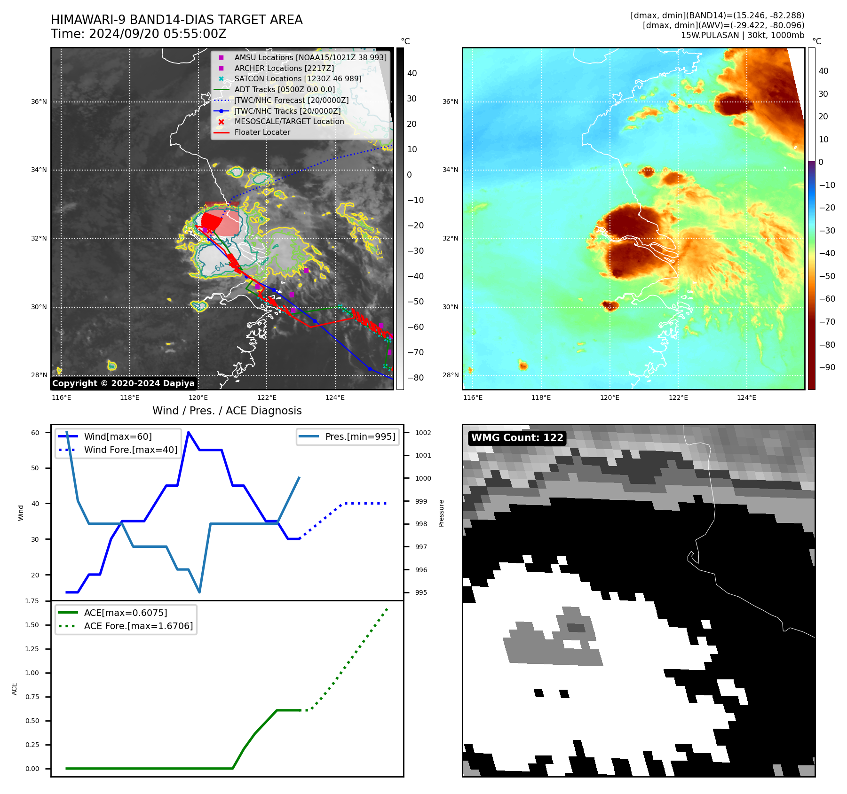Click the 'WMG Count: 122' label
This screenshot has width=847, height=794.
tap(517, 438)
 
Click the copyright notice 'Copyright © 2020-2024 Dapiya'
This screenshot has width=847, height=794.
tap(123, 383)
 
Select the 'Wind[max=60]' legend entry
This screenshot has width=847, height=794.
tap(118, 436)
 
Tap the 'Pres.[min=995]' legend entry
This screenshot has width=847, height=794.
tap(360, 436)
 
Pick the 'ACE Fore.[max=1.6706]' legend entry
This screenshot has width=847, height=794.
tap(138, 626)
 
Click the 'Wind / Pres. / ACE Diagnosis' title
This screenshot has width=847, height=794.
tap(227, 411)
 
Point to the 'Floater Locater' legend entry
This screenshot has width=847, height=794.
tap(262, 132)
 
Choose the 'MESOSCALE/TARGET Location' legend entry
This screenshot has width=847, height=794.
tap(289, 122)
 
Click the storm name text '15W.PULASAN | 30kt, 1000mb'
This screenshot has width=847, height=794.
tap(742, 35)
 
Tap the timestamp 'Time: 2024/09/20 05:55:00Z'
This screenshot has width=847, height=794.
tap(139, 34)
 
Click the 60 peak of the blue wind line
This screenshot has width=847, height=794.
tap(189, 432)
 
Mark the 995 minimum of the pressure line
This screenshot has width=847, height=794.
tap(200, 592)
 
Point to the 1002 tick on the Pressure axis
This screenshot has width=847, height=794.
tap(423, 433)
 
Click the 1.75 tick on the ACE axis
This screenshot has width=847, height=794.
tap(32, 601)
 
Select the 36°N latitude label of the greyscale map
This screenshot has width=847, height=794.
tap(39, 101)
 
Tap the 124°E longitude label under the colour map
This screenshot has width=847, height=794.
tap(746, 397)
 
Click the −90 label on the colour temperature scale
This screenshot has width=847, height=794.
tap(827, 367)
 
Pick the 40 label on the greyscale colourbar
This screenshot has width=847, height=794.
tap(412, 73)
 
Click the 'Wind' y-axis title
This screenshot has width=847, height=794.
tap(21, 513)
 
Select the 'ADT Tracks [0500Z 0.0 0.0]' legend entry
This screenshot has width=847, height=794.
tap(285, 90)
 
